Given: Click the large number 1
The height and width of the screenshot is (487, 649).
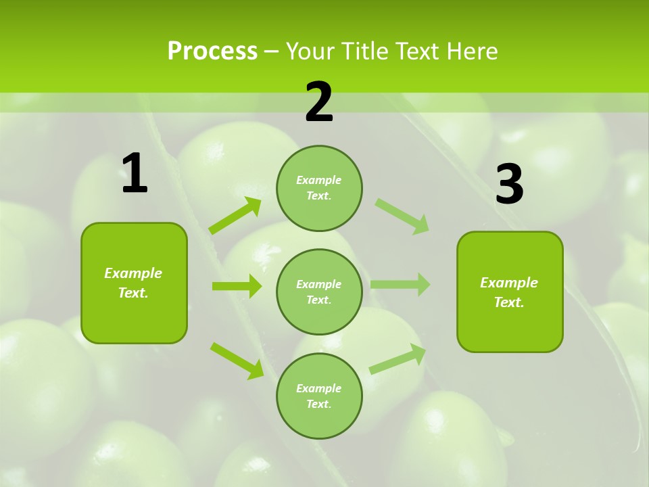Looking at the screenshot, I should pos(135,173).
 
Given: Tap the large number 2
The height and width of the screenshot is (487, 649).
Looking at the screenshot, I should pos(319,102).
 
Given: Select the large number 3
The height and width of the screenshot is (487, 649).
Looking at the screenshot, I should pos(510,184).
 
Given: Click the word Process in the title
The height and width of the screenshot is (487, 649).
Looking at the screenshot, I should pos(212,51).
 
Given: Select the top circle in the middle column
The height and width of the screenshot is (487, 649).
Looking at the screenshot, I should pos(319,188).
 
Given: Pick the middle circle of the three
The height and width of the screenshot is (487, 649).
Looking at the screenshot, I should pos(319,292).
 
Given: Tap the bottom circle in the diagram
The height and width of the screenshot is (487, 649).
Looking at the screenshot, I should pos(319,396).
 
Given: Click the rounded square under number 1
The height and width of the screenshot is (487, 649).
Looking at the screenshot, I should pos(134,283).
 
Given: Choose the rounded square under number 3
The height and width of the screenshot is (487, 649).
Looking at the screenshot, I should pos(510,292).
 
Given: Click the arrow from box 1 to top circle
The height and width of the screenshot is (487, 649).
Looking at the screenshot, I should pos(235,216).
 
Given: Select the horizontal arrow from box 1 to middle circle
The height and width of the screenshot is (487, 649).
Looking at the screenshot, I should pos(237,286).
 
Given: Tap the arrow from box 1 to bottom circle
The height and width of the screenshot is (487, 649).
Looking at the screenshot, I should pos(237,360).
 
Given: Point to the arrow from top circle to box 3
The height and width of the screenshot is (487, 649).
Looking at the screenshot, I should pos(402,216).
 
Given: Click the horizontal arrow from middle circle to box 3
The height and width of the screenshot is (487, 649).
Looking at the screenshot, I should pos(400,284).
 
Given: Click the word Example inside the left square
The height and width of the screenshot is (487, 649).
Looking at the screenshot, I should pos(133,273).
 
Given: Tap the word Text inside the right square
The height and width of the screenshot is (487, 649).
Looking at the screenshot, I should pos(508,302).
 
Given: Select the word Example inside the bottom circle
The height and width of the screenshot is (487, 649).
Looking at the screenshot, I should pos(318,388).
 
